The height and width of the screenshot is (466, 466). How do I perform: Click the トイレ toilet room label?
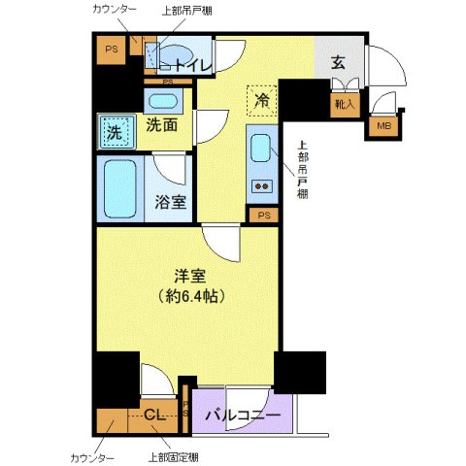[x=192, y=66]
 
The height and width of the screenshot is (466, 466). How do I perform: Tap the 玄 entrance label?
[x=338, y=62]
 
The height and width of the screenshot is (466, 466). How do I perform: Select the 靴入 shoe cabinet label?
[x=345, y=104]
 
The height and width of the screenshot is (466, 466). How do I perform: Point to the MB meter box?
[x=383, y=124]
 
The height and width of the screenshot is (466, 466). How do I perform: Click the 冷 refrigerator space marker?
[x=262, y=99]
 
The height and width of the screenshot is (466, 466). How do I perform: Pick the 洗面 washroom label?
[x=161, y=124]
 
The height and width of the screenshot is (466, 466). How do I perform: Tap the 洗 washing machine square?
[x=115, y=132]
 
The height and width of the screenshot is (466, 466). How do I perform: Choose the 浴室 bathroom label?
[x=171, y=203]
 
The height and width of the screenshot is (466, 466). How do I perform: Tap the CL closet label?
[x=155, y=416]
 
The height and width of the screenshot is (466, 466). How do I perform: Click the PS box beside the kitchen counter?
[x=264, y=216]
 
